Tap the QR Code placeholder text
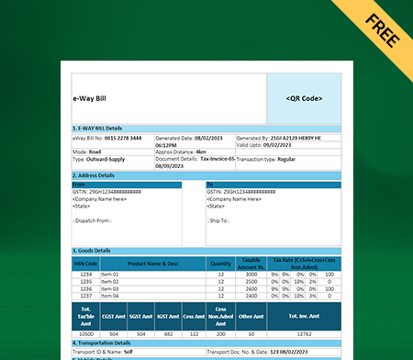304,97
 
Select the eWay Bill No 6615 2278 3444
123,137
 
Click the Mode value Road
95,152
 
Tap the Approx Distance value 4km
199,152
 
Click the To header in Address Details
210,184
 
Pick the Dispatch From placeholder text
94,220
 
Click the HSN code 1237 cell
85,296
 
